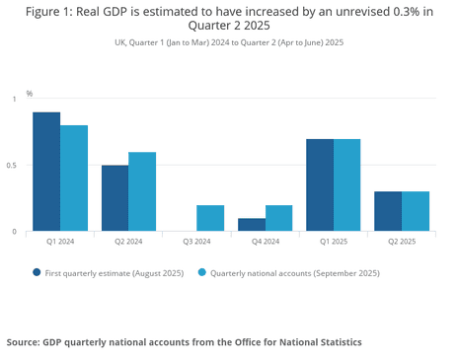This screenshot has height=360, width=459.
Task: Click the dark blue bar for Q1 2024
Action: click(46, 172)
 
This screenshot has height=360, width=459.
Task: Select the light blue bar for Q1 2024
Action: click(74, 178)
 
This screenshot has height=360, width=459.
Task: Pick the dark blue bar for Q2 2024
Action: click(115, 198)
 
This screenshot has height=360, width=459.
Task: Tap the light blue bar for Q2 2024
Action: click(142, 191)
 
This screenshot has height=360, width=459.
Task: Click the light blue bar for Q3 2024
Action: click(210, 218)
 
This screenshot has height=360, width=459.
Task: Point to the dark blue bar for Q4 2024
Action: click(251, 225)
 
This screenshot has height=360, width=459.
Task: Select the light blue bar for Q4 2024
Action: click(278, 218)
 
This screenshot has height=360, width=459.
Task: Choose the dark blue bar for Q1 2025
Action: click(319, 184)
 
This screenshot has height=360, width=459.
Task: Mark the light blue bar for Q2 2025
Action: click(416, 211)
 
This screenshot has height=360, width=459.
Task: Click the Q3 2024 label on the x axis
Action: click(197, 242)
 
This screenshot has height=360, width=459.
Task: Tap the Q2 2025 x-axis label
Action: click(402, 242)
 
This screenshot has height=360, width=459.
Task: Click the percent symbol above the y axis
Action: click(30, 93)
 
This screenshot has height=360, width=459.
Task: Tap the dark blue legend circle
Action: click(38, 272)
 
